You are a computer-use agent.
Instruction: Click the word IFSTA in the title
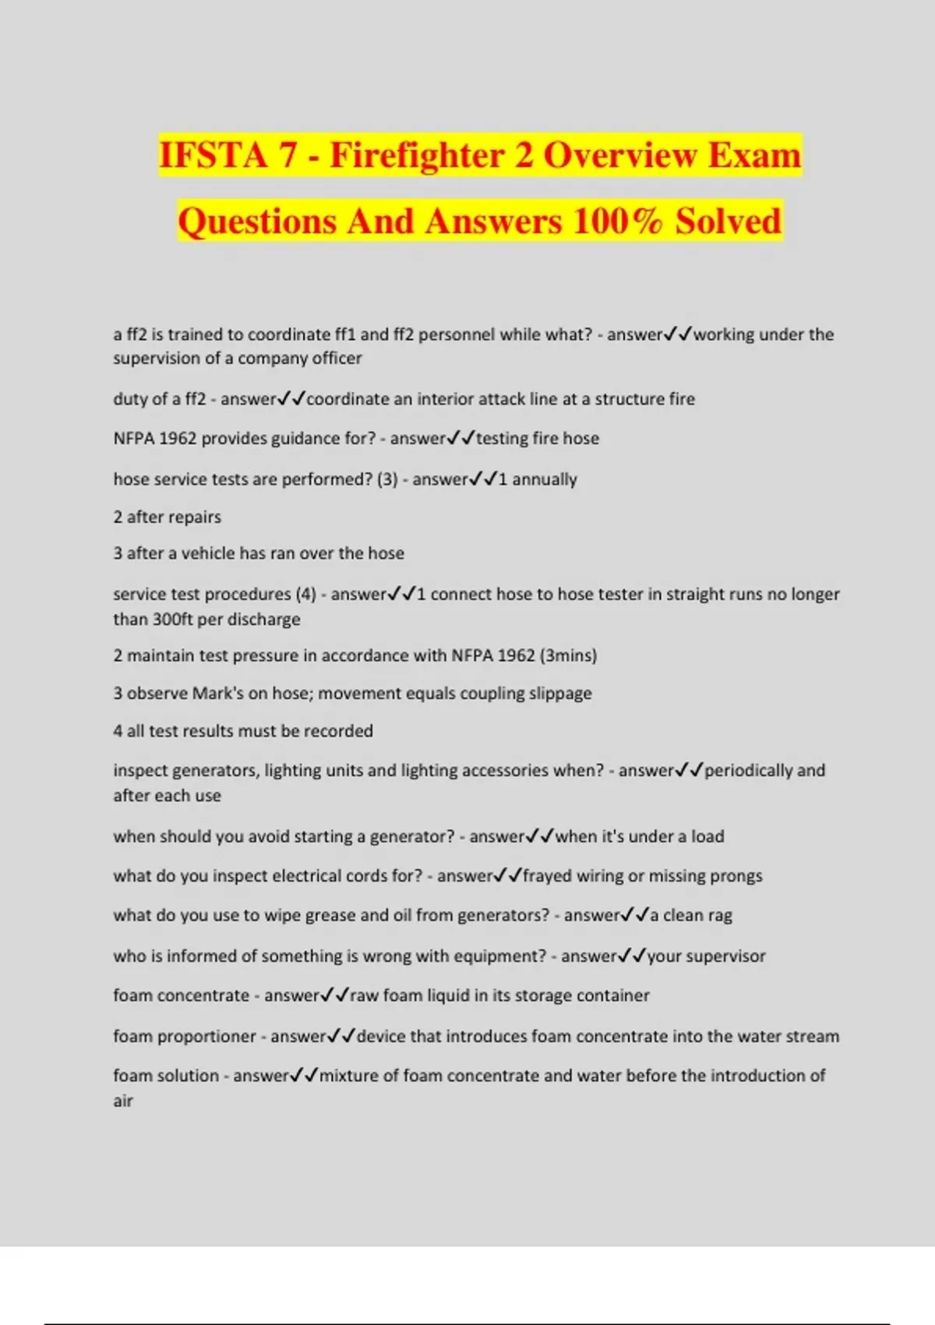point(213,155)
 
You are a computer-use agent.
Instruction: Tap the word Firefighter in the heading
point(416,155)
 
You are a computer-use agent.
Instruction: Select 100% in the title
point(617,221)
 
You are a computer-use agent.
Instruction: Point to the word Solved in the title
point(728,221)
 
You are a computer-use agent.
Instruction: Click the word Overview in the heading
point(619,155)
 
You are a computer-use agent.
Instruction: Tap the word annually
point(544,479)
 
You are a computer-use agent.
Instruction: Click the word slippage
point(560,694)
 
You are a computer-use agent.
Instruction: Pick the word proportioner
point(206,1037)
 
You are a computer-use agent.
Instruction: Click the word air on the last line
point(123,1101)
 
